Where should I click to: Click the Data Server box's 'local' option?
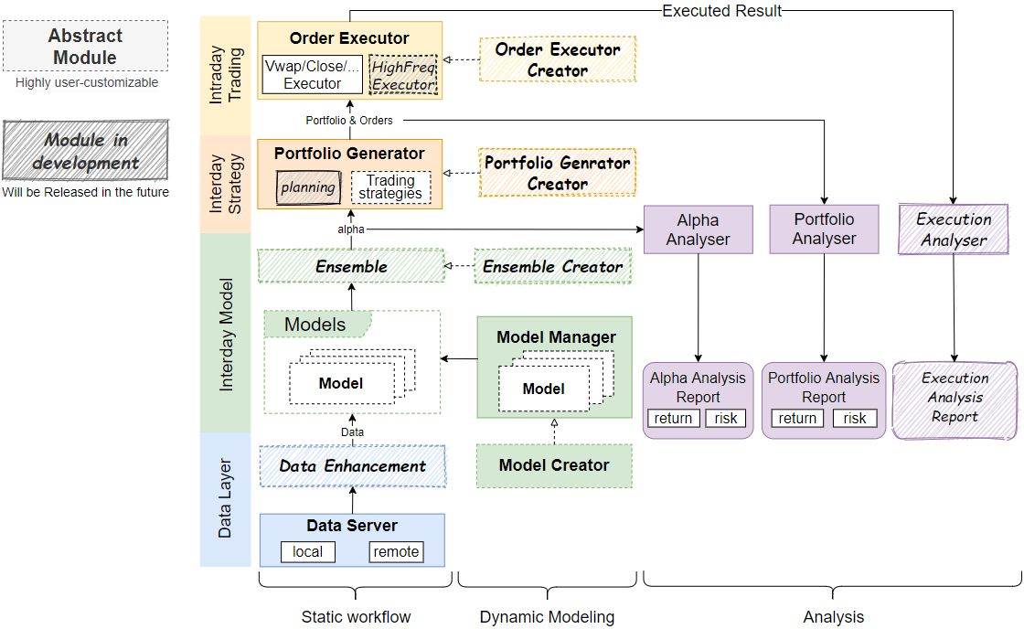[x=307, y=551]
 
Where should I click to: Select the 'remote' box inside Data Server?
[x=396, y=551]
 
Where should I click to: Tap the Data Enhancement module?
[x=352, y=466]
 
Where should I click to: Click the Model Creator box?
[x=553, y=465]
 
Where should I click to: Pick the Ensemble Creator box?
[x=552, y=267]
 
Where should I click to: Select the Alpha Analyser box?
[x=698, y=229]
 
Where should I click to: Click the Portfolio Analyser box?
[x=824, y=229]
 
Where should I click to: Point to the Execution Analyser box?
[x=953, y=229]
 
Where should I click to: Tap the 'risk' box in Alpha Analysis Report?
[x=726, y=418]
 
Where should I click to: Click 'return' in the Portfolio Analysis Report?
[x=797, y=418]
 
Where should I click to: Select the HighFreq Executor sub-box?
[x=403, y=75]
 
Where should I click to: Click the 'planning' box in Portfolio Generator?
[x=307, y=187]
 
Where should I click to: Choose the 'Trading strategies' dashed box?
[x=390, y=187]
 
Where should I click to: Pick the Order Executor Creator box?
[x=557, y=59]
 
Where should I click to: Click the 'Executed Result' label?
[x=721, y=11]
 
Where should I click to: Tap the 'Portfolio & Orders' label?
[x=348, y=121]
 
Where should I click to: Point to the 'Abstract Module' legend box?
[x=84, y=47]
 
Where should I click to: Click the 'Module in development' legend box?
[x=84, y=151]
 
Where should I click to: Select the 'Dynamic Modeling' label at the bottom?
[x=547, y=617]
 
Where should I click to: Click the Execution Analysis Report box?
[x=955, y=398]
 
